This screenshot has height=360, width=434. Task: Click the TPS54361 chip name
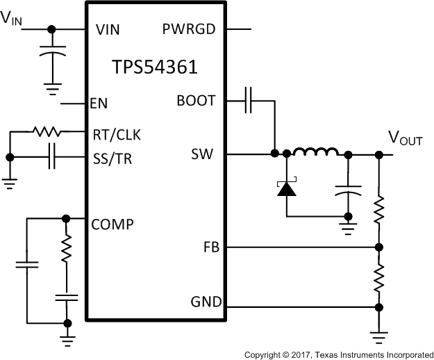coord(154,67)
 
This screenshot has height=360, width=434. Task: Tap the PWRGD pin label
coord(189,30)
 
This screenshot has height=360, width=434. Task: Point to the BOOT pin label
coord(196,101)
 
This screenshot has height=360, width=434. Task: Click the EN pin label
coord(99,104)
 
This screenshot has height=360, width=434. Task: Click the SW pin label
coord(202,154)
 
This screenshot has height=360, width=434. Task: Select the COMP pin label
coord(112,224)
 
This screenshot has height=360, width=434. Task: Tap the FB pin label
coord(211,247)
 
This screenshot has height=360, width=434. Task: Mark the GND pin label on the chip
coord(206,302)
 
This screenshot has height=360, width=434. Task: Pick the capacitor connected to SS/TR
coord(52,157)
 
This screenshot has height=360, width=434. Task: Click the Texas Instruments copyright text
coord(338,354)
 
